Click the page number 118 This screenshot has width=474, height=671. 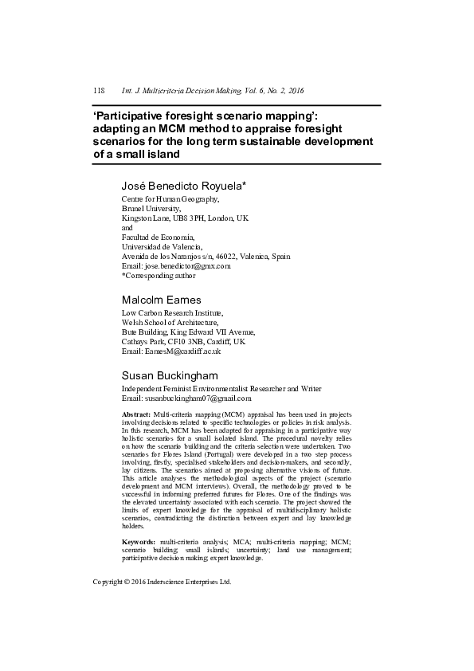coord(100,91)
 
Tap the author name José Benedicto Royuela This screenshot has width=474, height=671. coord(183,185)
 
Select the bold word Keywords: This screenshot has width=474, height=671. coord(139,542)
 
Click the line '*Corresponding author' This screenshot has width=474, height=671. coord(158,276)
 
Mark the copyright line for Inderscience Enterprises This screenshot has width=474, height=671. coord(162,582)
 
